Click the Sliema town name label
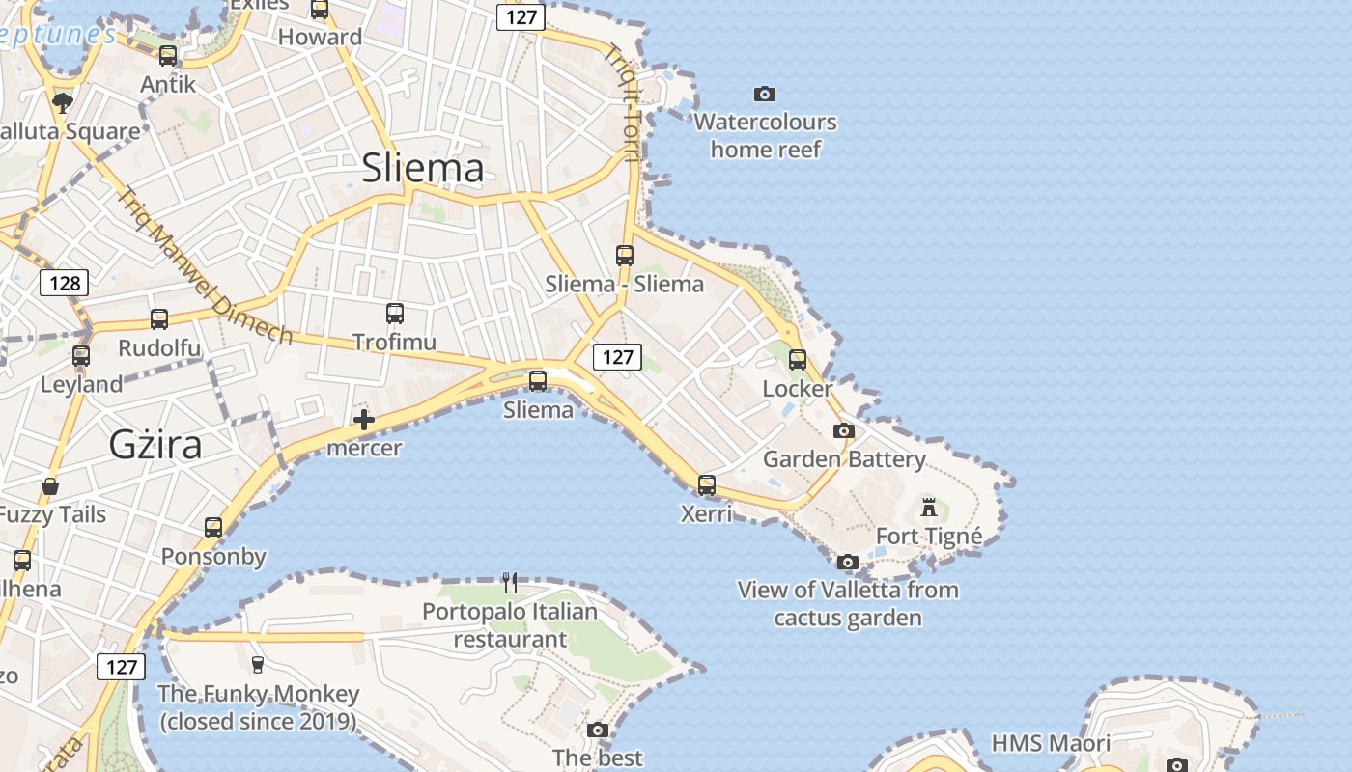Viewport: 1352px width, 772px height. tap(423, 168)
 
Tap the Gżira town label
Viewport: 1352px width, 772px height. tap(155, 445)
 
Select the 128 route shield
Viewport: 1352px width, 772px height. tap(65, 283)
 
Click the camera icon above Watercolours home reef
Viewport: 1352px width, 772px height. tap(765, 94)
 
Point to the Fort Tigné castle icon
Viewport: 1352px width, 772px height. tap(929, 507)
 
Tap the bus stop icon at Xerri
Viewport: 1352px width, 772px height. tap(707, 484)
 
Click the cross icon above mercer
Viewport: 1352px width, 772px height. tap(364, 420)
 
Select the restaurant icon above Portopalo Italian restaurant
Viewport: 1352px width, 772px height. tap(510, 582)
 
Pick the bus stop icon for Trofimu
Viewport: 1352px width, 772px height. tap(394, 313)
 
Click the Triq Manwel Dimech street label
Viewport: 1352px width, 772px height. tap(205, 265)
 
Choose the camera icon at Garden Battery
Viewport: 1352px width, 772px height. tap(844, 430)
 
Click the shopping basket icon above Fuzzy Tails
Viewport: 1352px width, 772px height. tap(50, 485)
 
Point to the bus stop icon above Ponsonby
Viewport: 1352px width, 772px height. tap(213, 527)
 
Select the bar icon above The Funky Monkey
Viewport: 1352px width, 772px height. tap(257, 664)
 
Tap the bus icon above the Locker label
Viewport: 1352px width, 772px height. tap(798, 359)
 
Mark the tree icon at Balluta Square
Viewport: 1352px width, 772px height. tap(63, 102)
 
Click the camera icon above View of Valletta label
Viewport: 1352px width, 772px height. tap(847, 561)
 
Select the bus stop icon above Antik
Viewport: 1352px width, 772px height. tap(168, 55)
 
